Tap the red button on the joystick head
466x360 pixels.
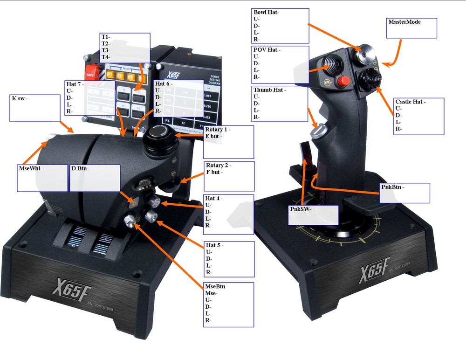pyautogui.click(x=344, y=81)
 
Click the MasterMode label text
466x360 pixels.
pyautogui.click(x=404, y=22)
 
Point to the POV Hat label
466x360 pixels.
pyautogui.click(x=267, y=49)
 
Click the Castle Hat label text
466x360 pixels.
pyautogui.click(x=411, y=101)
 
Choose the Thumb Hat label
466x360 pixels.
pyautogui.click(x=270, y=90)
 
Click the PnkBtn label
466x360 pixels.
pyautogui.click(x=392, y=187)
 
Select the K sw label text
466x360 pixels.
pyautogui.click(x=20, y=98)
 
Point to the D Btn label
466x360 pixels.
pyautogui.click(x=80, y=168)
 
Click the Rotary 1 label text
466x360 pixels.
pyautogui.click(x=218, y=129)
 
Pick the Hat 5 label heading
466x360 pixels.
pyautogui.click(x=215, y=245)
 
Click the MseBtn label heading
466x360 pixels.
pyautogui.click(x=216, y=286)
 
